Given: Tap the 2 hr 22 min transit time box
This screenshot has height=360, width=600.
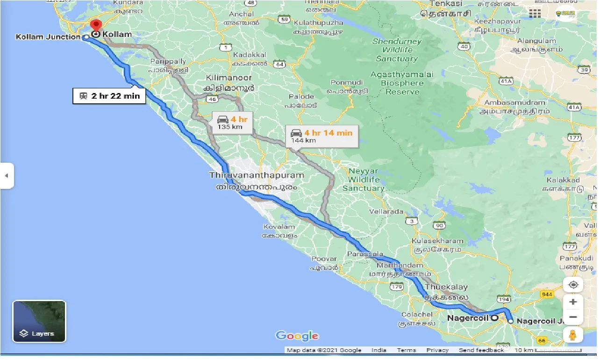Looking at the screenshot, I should click(x=109, y=96).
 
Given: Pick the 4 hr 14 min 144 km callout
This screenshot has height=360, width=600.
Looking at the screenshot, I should click(x=321, y=136).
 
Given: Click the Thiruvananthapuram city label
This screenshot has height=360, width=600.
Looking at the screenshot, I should click(x=257, y=175).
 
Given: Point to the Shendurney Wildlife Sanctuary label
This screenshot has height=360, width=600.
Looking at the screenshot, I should click(x=397, y=50).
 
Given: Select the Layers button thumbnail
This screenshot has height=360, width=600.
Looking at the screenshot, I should click(x=39, y=321).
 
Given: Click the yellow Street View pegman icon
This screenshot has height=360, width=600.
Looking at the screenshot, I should click(x=573, y=335).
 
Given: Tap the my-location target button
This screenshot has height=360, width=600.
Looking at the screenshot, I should click(x=573, y=285).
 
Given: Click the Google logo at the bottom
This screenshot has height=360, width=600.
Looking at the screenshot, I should click(x=297, y=336).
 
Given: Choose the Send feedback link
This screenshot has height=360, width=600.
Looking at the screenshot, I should click(x=481, y=350).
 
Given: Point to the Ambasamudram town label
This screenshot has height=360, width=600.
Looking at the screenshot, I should click(x=514, y=102).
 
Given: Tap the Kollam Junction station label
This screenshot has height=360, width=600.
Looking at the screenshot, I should click(x=48, y=36).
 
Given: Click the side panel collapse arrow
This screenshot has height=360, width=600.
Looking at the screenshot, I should click(x=7, y=176).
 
